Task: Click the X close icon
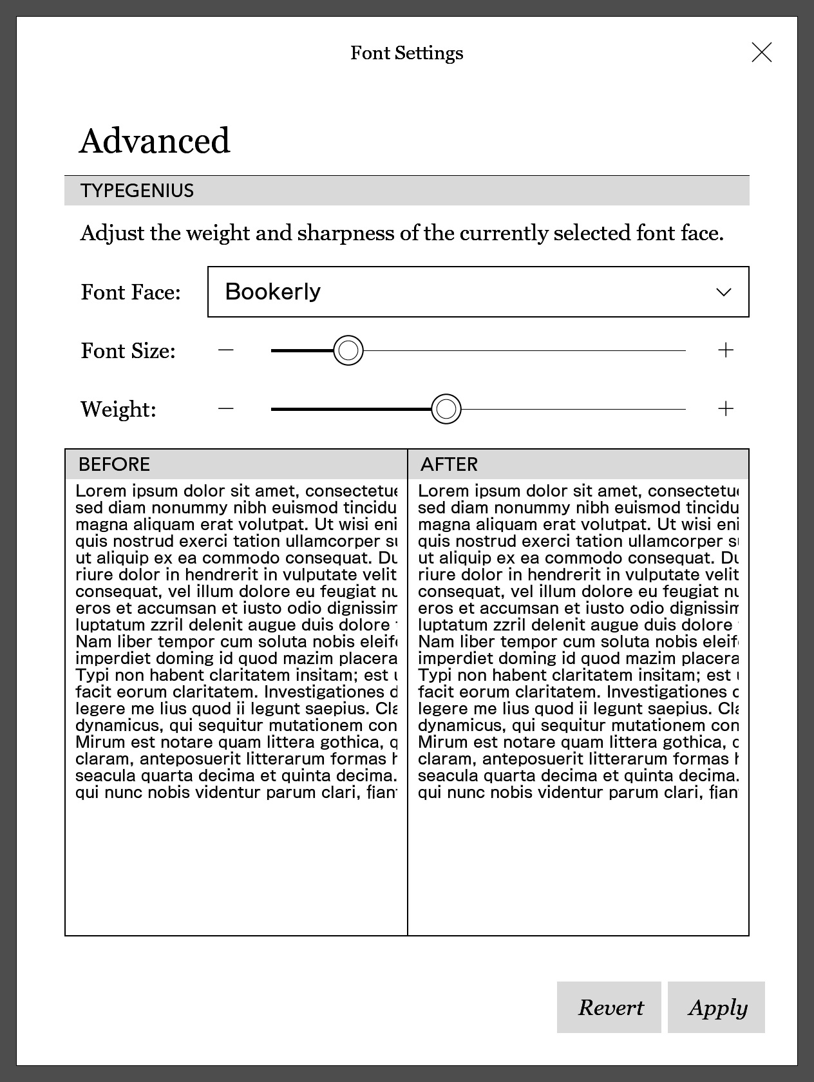pyautogui.click(x=762, y=52)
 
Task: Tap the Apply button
pyautogui.click(x=716, y=1007)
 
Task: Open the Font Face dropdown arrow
pyautogui.click(x=724, y=292)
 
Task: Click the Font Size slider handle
pyautogui.click(x=348, y=350)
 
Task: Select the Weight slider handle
pyautogui.click(x=446, y=409)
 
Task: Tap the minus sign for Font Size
pyautogui.click(x=225, y=350)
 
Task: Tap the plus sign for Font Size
pyautogui.click(x=726, y=350)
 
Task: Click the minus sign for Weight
pyautogui.click(x=225, y=409)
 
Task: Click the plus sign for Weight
pyautogui.click(x=726, y=409)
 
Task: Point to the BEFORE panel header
pyautogui.click(x=114, y=464)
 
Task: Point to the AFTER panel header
pyautogui.click(x=449, y=464)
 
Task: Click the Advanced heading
pyautogui.click(x=155, y=141)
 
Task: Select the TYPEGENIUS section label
pyautogui.click(x=137, y=191)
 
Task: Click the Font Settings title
pyautogui.click(x=406, y=53)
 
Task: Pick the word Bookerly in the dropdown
pyautogui.click(x=272, y=292)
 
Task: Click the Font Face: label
pyautogui.click(x=131, y=292)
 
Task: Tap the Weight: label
pyautogui.click(x=118, y=410)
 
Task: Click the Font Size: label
pyautogui.click(x=128, y=351)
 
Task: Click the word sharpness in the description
pyautogui.click(x=345, y=233)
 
